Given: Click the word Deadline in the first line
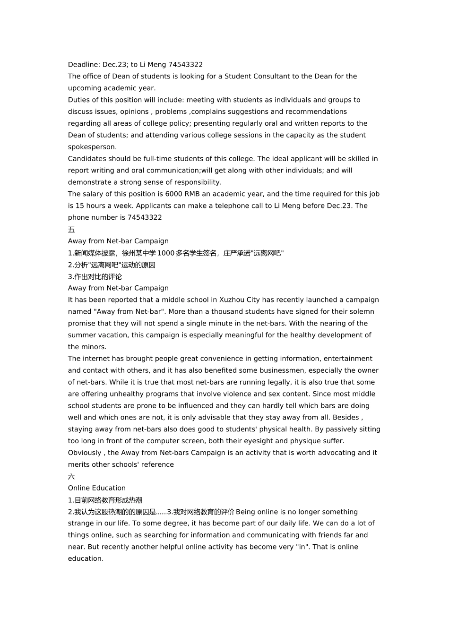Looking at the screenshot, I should [x=83, y=65].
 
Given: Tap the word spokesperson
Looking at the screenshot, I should [x=92, y=147].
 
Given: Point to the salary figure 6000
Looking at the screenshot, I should [x=173, y=194].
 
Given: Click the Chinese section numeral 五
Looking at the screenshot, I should [x=71, y=230].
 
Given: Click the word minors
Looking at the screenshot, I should [x=94, y=347].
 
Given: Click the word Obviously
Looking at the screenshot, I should [x=85, y=453].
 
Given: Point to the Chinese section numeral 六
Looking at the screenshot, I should [x=71, y=477].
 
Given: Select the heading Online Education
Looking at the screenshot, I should [x=97, y=489].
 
